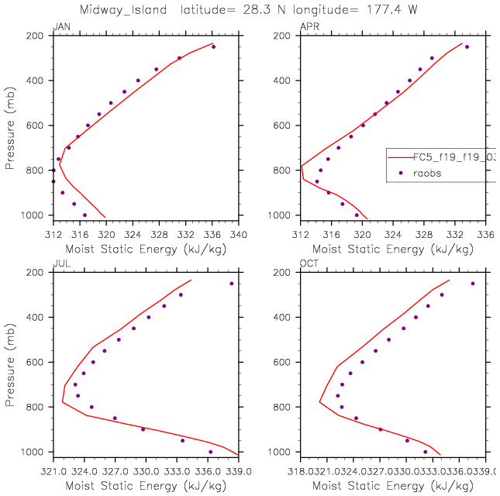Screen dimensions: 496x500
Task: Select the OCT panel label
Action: click(x=308, y=265)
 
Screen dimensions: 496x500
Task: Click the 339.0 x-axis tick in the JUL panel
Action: click(x=238, y=469)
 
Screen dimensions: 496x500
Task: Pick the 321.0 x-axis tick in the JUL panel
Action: click(x=53, y=469)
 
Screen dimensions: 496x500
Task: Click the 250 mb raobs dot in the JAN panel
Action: click(x=213, y=46)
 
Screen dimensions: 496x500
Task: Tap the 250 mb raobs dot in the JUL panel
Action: click(x=231, y=284)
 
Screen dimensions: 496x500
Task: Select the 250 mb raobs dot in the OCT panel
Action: click(x=472, y=284)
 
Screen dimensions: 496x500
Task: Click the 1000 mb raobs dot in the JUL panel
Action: click(x=210, y=452)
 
